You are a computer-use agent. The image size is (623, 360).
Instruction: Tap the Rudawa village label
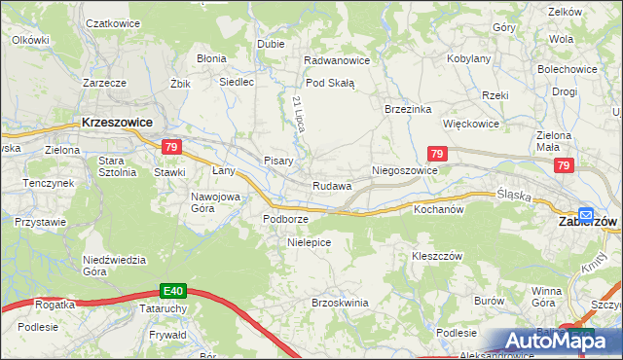pos(331,186)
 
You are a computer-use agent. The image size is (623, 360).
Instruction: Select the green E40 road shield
pos(173,290)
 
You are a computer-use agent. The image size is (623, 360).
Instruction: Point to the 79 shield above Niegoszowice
pos(437,154)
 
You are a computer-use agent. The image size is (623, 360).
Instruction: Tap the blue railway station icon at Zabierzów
pos(586,215)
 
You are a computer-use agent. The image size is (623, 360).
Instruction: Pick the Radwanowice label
pos(337,60)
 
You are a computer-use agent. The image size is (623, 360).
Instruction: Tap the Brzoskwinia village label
pos(340,303)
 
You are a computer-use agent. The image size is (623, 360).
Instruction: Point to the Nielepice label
pos(310,241)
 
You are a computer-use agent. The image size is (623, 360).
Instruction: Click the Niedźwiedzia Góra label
pos(114,266)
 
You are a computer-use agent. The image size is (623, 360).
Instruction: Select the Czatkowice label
pos(110,22)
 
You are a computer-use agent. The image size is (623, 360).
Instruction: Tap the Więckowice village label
pos(471,125)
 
